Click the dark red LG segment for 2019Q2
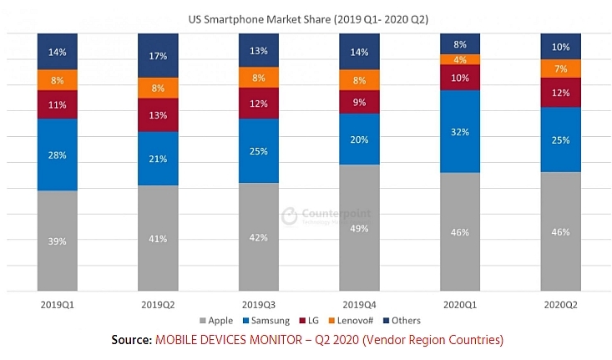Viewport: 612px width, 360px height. [x=158, y=115]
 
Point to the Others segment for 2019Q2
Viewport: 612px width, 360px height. [x=158, y=56]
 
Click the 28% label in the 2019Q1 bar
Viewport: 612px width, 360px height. [x=57, y=155]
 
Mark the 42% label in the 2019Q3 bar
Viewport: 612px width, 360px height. [x=259, y=237]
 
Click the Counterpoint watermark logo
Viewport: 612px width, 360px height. [x=290, y=215]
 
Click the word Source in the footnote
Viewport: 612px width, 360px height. [x=131, y=341]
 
